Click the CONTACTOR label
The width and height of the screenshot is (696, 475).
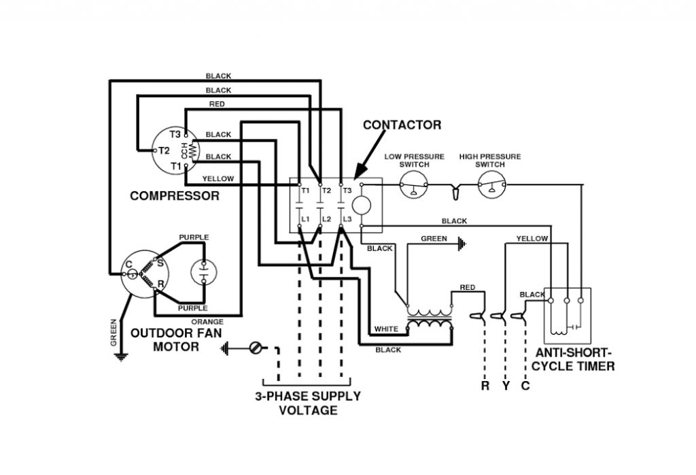click(x=402, y=125)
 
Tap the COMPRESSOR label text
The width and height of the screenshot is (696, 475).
click(x=175, y=196)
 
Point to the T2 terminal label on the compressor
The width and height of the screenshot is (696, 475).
click(x=164, y=150)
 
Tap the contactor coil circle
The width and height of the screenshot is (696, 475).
click(x=362, y=204)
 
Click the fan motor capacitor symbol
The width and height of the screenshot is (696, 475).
click(x=203, y=272)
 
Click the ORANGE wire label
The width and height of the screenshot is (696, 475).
click(x=207, y=322)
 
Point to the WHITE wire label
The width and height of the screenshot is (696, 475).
click(x=386, y=329)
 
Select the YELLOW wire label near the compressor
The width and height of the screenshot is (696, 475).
click(x=218, y=178)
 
